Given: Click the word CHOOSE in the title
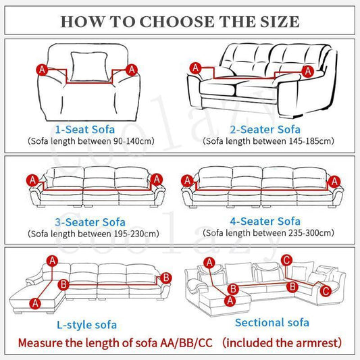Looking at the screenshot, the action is coord(177,22).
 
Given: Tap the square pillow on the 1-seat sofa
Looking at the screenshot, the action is coord(89,67).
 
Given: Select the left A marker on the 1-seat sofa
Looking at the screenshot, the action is coord(42,70).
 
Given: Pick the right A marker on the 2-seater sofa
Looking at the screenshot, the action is coord(307,71).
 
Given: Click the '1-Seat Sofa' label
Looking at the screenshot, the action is coord(85,129).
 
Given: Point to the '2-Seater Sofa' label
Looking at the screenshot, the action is coord(265,129).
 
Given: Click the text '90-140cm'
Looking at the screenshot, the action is coord(134,141).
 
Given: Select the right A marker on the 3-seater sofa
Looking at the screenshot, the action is coord(157,179).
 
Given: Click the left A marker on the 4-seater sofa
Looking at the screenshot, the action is coord(187,180).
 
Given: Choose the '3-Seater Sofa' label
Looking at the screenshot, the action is coord(90,222).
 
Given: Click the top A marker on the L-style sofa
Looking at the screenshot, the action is coord(53,261).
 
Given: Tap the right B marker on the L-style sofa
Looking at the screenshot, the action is coord(166,278).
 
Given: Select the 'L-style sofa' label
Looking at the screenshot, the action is coord(86,325).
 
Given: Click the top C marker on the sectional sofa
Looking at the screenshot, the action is coord(287,260).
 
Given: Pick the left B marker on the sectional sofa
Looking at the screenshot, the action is coord(233,289).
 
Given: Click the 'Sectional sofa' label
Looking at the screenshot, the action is coord(272,322).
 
